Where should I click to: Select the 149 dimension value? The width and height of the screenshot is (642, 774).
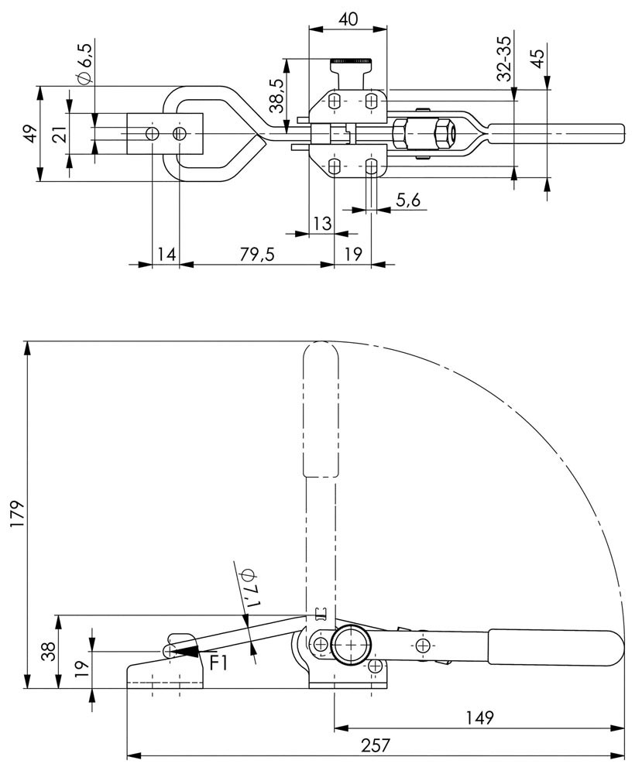tap(481, 717)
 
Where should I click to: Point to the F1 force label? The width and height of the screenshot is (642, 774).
tap(219, 662)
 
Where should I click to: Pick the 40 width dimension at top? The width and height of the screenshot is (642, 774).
tap(348, 19)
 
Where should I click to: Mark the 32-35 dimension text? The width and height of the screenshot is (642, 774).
tap(504, 60)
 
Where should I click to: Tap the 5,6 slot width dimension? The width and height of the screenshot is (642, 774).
tap(408, 200)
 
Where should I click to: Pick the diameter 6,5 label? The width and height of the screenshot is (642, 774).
tap(84, 64)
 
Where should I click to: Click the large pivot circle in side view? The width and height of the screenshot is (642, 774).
tap(352, 645)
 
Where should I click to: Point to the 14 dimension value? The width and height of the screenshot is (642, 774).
tap(166, 254)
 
